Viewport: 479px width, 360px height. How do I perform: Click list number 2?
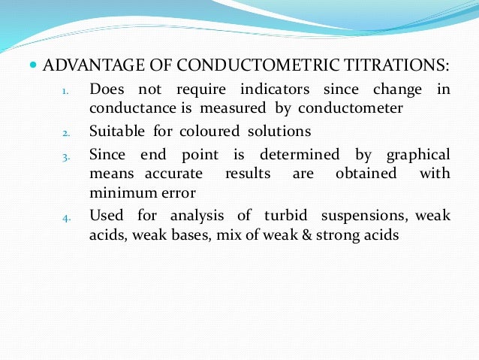click(65, 134)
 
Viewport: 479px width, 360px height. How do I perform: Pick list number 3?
click(65, 157)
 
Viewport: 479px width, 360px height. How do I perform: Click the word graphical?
click(418, 155)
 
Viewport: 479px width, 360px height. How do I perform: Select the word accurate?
click(170, 174)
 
